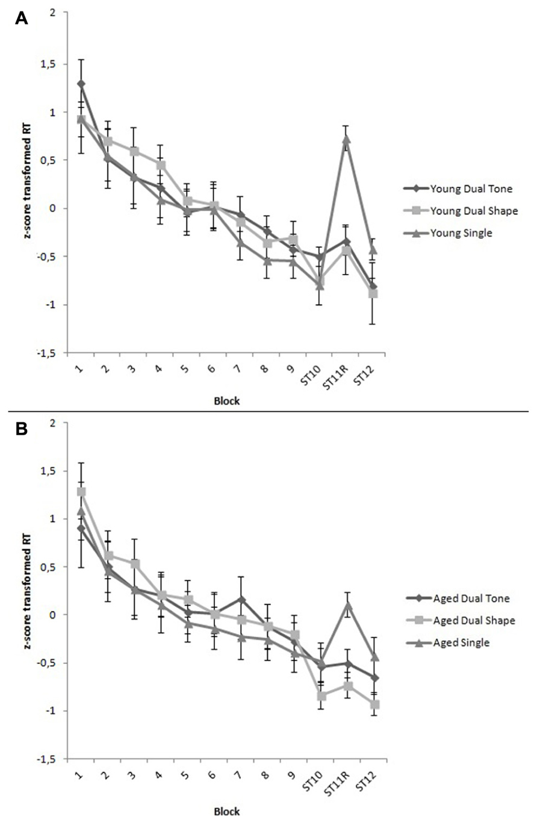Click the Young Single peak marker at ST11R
coord(346,139)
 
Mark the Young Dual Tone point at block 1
coord(81,84)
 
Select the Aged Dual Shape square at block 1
coord(81,492)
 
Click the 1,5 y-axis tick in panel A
coord(54,64)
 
